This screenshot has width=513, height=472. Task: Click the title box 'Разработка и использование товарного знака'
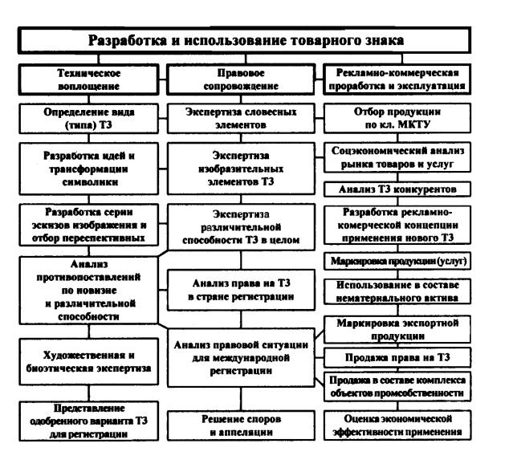[244, 40]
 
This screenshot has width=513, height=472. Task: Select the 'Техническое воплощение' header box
[88, 79]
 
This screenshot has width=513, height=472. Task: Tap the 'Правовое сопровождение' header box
[241, 79]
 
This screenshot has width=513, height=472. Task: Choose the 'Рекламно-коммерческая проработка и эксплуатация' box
[397, 79]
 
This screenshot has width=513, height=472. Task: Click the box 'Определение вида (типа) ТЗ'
[88, 119]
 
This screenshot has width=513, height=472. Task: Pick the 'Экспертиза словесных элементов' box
[241, 119]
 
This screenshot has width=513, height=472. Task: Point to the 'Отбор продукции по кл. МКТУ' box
[397, 118]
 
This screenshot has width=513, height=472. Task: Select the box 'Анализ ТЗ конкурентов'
[397, 189]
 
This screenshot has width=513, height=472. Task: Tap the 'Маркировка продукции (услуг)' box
[397, 261]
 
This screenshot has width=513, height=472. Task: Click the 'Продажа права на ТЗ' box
[397, 357]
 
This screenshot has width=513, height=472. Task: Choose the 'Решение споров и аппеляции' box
[241, 425]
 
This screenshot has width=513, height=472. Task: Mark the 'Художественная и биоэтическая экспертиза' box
[88, 362]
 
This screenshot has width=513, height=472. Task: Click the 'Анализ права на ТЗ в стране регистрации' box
[241, 290]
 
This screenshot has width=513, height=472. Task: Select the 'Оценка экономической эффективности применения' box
[397, 425]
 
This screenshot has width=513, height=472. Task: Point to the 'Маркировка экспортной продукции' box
[397, 329]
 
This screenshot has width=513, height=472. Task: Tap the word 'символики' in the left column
[90, 182]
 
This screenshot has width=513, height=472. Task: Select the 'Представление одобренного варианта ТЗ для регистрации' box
[88, 421]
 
